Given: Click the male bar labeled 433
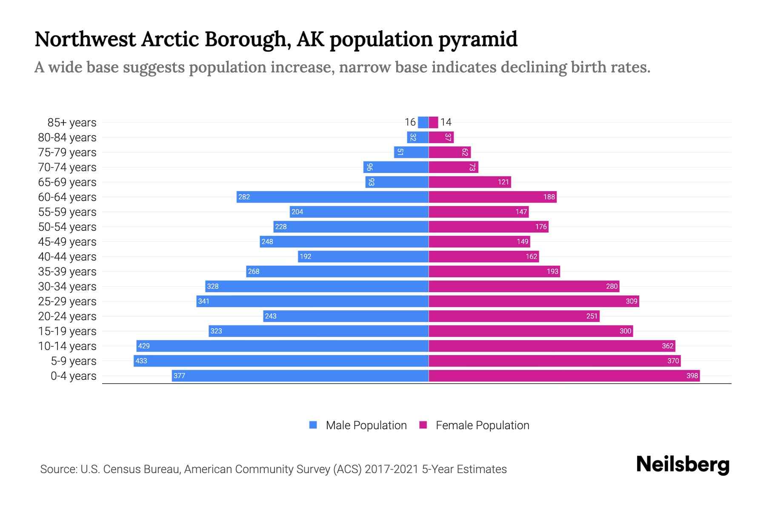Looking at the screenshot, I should coord(281,361).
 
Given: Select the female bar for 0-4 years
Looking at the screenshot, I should coord(564,376).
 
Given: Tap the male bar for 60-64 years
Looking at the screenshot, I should coord(332,197).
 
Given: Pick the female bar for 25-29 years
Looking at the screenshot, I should coord(534,301).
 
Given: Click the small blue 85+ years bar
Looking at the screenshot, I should coord(423,123).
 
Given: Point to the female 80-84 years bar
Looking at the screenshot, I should coord(441,138).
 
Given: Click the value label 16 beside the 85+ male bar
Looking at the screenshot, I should coord(410,123).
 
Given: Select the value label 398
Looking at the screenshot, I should coord(692,376).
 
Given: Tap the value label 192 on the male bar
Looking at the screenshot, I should coord(305,257).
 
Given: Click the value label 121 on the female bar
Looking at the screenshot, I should coord(503,182).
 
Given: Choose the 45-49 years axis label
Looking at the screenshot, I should coord(67,242).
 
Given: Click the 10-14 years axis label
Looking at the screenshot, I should coord(67,346).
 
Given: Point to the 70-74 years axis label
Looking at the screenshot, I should coord(67,167).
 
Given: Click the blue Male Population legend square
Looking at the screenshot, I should coord(313,425).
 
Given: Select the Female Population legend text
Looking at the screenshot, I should coord(482,425).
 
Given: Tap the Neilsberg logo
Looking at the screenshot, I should coord(683,465).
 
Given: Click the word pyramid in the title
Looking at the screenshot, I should coord(477,40).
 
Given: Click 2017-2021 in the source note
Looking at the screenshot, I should coord(392,469).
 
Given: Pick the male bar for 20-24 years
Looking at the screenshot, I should coord(346,316).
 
